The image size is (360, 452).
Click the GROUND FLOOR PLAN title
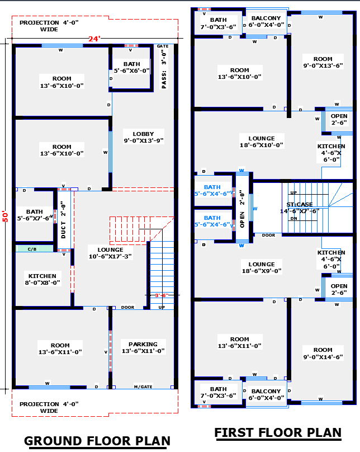coord(97,441)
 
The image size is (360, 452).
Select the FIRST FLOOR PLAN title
coord(278,432)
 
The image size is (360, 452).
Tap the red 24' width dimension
coord(93,39)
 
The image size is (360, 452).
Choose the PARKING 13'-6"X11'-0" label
coord(143,348)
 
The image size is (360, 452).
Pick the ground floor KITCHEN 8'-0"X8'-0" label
coord(42,280)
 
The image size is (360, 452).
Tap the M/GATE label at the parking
coord(143,387)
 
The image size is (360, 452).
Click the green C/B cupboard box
coord(32,249)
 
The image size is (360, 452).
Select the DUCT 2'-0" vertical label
coord(63,220)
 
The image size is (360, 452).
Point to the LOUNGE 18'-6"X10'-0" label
coord(262,142)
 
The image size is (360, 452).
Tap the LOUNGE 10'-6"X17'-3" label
coord(110,253)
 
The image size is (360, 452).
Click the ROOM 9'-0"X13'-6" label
coord(323,62)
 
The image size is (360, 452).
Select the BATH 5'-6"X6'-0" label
coord(132,68)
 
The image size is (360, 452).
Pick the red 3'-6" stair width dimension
coord(161,295)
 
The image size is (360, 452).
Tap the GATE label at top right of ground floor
coord(163,46)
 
